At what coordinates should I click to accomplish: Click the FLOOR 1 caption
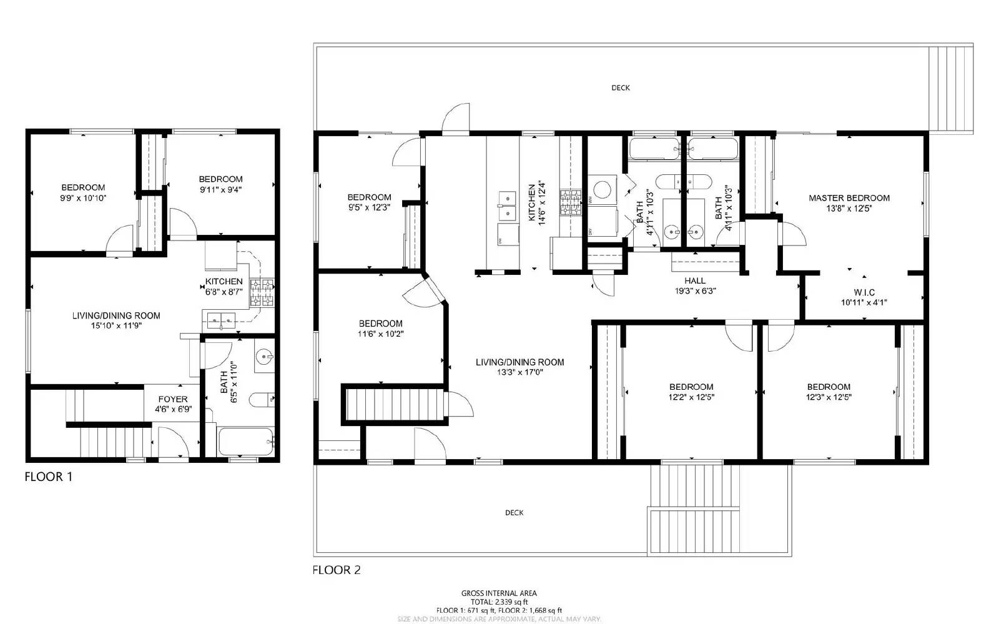(x=49, y=477)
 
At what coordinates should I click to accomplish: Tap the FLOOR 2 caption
(x=337, y=570)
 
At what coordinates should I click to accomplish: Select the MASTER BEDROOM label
(x=849, y=198)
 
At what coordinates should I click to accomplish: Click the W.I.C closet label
(x=864, y=292)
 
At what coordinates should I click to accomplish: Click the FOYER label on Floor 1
(x=172, y=399)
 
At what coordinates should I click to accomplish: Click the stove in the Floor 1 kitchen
(x=262, y=292)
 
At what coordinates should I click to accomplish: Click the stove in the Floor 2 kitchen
(x=571, y=202)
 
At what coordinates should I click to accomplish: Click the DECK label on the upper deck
(x=620, y=88)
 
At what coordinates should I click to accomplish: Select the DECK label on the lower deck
(x=514, y=513)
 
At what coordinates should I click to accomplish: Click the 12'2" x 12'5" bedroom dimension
(x=691, y=397)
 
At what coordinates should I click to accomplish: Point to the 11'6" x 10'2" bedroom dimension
(x=380, y=334)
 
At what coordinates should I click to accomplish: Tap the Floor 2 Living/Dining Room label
(x=519, y=362)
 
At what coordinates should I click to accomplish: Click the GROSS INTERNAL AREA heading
(x=499, y=593)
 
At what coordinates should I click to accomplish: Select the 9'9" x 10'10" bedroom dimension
(x=83, y=197)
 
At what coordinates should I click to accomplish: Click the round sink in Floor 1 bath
(x=264, y=358)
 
